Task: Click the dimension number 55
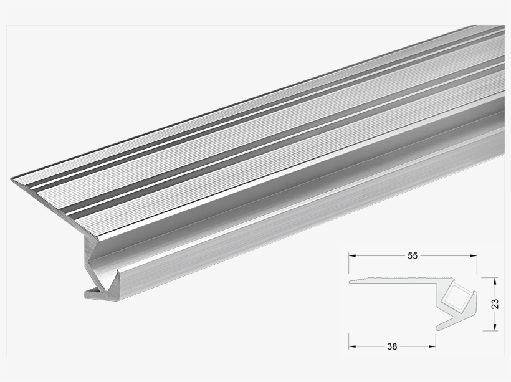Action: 413,255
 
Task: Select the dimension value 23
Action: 494,304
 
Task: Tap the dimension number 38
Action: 392,345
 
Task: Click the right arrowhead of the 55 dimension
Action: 472,255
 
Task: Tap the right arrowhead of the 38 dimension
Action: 432,345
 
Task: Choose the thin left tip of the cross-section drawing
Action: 351,281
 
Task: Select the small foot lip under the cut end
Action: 90,293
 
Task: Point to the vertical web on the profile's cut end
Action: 88,255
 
